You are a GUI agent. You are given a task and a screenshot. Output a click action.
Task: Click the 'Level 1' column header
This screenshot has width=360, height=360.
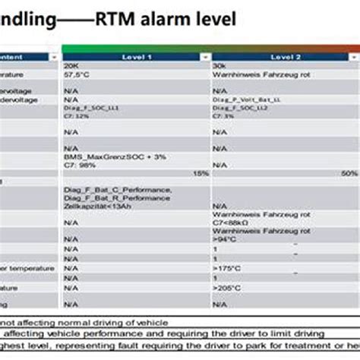[137, 57]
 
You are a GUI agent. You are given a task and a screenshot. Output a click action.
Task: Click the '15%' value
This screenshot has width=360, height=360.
[201, 173]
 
